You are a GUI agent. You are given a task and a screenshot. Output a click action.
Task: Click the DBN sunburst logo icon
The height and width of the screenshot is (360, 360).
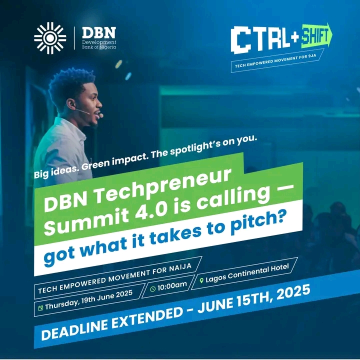pos(50,38)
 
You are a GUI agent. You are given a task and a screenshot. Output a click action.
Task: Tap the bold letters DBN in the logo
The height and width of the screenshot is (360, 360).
pos(99,33)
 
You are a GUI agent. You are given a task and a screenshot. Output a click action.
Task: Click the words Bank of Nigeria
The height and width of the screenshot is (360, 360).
pos(99,47)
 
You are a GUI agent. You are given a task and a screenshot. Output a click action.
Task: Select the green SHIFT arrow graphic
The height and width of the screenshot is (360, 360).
pos(316,35)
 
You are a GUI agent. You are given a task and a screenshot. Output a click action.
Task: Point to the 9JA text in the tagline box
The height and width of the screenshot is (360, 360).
pos(312,56)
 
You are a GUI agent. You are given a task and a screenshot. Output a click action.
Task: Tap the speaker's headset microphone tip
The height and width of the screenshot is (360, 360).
pos(101,115)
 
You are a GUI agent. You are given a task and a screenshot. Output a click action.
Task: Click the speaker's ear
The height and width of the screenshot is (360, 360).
pos(70,104)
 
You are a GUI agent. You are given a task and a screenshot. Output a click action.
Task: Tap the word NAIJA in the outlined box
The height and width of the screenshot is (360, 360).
pos(180,268)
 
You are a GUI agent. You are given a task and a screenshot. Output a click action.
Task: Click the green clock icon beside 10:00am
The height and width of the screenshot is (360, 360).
pos(152,289)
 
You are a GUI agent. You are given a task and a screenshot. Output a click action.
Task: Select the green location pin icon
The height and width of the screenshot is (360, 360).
pos(201,280)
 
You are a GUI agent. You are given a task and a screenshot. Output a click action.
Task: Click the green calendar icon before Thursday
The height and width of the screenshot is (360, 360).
pos(40,308)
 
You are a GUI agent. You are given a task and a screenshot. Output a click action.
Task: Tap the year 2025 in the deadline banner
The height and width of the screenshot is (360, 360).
pos(293,292)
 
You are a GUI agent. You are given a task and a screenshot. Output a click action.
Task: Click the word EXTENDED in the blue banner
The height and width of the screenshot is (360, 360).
pos(147,318)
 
